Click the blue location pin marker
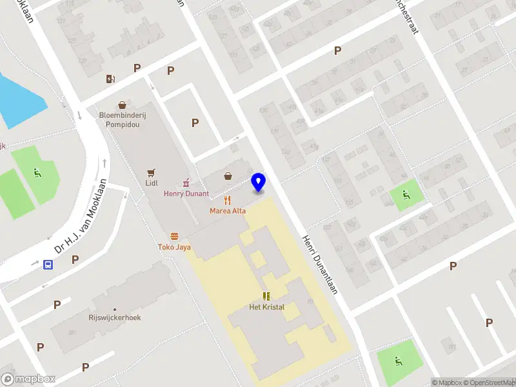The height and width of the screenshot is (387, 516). (x=259, y=183)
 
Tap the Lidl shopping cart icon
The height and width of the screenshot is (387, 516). (x=151, y=172)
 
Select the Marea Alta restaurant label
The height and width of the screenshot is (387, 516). (x=228, y=211)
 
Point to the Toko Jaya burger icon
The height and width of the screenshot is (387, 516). (x=174, y=237)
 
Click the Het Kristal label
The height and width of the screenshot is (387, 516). (x=266, y=307)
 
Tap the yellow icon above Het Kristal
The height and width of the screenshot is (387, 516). (x=266, y=296)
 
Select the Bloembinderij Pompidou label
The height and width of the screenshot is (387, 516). (x=119, y=120)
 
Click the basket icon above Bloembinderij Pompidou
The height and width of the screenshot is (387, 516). (x=121, y=104)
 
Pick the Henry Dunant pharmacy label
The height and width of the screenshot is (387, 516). (x=186, y=193)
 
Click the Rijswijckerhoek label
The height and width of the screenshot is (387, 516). (x=115, y=318)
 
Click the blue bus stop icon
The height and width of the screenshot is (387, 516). (x=48, y=264)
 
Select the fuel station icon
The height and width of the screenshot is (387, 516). (x=111, y=79)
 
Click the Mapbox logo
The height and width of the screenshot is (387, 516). (x=28, y=379)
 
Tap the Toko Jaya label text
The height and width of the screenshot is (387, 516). (x=174, y=247)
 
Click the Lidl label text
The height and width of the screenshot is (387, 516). (x=152, y=183)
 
